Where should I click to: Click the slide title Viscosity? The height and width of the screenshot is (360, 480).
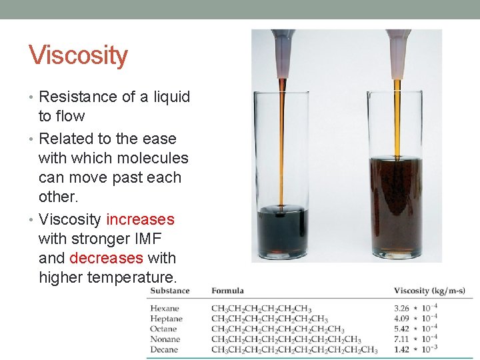pos(78,55)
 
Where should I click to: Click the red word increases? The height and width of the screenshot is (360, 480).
pos(140,219)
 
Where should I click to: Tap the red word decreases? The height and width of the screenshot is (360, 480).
pos(106,258)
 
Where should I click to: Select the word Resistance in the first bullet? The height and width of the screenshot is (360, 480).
pos(77,97)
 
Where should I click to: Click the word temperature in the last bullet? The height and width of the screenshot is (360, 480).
pos(135,277)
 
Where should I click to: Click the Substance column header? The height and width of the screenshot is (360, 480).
pos(169,291)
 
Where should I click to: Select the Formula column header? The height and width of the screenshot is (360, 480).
pos(227,291)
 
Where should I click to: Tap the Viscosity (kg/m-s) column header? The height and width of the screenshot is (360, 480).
pos(429,291)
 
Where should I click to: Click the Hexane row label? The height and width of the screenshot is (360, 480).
pos(165,308)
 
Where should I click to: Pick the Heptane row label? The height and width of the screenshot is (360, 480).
pos(166,319)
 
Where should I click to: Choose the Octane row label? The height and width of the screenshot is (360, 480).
pos(164,329)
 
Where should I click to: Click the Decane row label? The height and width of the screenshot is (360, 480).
pos(164,349)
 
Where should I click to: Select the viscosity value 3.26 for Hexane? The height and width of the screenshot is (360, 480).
pos(401,308)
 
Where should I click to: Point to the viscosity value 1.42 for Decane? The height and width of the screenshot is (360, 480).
pos(401,349)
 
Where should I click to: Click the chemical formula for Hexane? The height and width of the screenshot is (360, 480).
pos(261,308)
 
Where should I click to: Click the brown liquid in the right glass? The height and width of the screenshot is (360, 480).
pos(396,207)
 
